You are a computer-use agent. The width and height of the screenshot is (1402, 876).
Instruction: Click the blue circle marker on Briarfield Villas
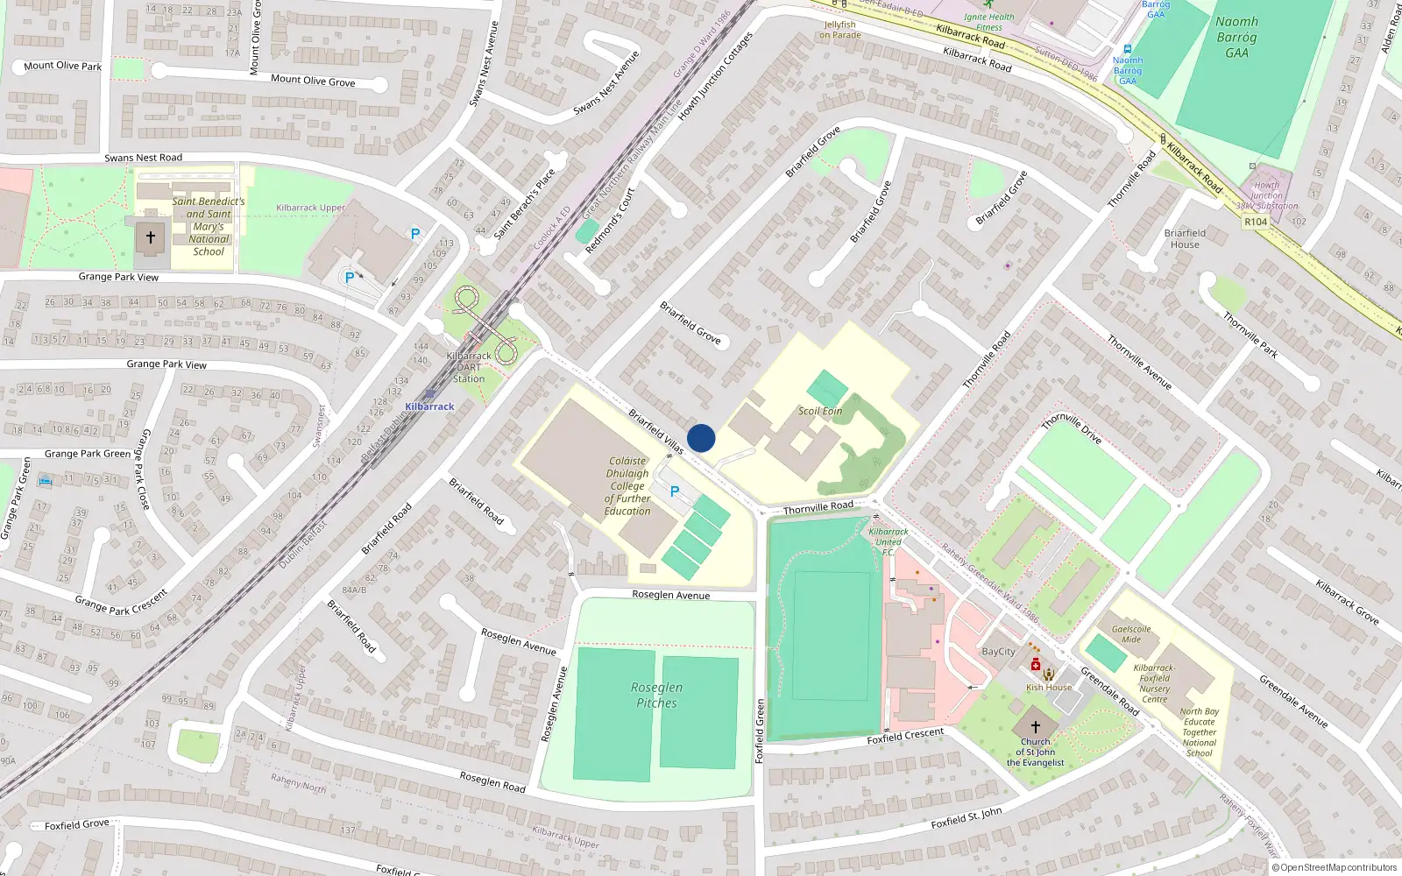click(x=701, y=438)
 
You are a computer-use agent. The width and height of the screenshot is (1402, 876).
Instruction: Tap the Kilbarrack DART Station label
click(x=469, y=367)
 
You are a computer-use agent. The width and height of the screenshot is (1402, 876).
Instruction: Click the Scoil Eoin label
click(x=820, y=411)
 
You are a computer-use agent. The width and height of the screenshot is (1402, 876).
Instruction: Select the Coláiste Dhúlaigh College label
click(x=627, y=485)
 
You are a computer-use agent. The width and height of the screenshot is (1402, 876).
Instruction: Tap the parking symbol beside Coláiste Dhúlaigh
click(x=675, y=491)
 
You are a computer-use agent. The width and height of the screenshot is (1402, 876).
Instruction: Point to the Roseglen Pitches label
click(x=656, y=695)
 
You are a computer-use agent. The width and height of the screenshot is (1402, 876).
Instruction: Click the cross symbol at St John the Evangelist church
click(x=1035, y=727)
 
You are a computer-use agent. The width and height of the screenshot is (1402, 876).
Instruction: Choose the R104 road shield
click(x=1256, y=222)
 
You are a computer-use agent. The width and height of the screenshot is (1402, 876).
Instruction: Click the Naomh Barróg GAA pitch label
click(x=1236, y=37)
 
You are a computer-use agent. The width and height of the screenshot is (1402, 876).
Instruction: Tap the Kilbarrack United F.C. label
click(x=889, y=541)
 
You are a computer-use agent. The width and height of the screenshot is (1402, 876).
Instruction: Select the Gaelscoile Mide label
click(x=1131, y=634)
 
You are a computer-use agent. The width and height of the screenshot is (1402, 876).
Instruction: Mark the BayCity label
click(x=999, y=652)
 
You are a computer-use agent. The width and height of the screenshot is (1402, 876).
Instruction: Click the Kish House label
click(x=1049, y=688)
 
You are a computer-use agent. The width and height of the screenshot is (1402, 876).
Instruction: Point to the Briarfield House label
click(x=1185, y=238)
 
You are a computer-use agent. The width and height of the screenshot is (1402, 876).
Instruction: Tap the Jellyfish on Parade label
click(x=839, y=30)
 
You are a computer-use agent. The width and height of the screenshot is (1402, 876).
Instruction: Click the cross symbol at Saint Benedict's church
click(x=151, y=237)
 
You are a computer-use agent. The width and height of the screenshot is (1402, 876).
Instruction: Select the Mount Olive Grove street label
click(x=313, y=81)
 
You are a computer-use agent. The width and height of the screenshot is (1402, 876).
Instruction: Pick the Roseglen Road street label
click(x=492, y=781)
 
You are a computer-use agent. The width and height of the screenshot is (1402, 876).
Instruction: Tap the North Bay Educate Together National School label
click(x=1199, y=732)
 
